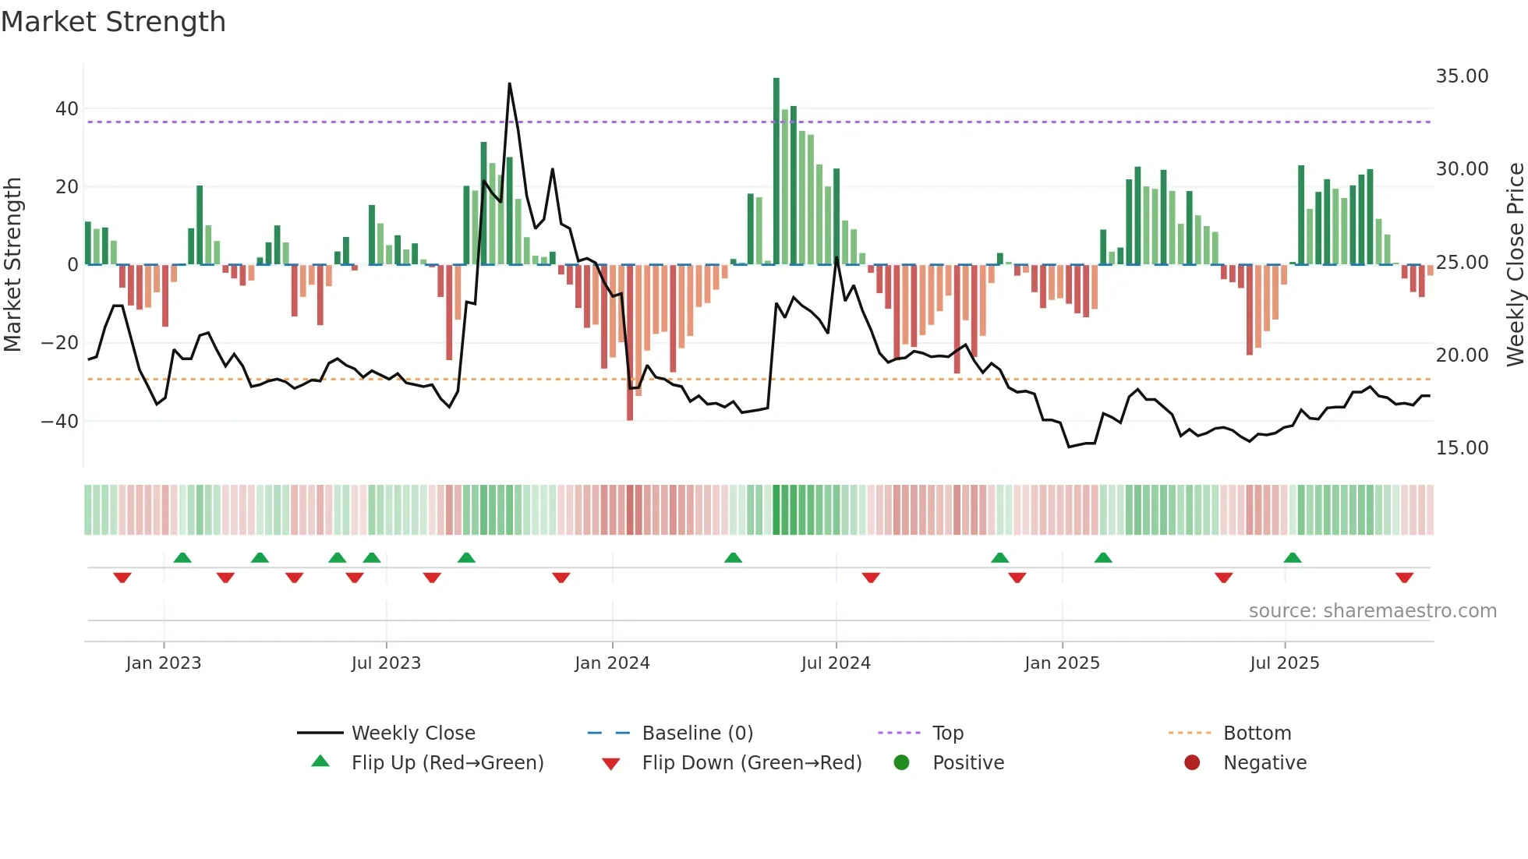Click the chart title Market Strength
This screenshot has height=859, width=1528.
113,22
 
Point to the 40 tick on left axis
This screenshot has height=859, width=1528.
67,109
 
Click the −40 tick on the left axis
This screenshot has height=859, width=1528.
60,422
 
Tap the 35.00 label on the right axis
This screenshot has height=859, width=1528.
1462,76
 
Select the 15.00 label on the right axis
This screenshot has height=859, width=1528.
1462,448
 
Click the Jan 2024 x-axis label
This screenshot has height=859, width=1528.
612,663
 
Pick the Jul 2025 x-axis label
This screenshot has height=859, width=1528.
1284,663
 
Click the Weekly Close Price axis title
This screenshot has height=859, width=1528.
1515,265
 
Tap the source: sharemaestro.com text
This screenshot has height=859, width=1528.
1372,611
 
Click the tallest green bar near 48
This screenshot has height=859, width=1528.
776,171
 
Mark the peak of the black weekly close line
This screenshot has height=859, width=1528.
510,84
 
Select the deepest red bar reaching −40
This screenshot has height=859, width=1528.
630,343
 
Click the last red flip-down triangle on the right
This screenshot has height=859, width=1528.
1405,578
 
